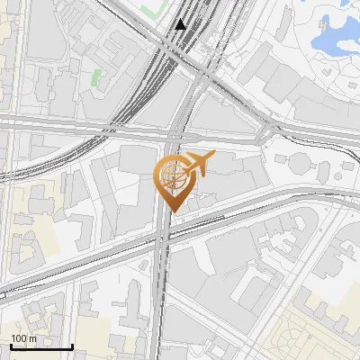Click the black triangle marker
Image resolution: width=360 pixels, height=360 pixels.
coord(181,24)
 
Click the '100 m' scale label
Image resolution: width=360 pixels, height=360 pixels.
coord(24,337)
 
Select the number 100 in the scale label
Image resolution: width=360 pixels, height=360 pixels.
coord(20,337)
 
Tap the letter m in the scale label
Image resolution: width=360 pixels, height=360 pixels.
coord(33,337)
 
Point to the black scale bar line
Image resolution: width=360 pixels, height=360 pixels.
coord(41,346)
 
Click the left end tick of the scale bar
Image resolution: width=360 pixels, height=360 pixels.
coord(11,345)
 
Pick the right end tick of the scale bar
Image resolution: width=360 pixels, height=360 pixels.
coord(72,345)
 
